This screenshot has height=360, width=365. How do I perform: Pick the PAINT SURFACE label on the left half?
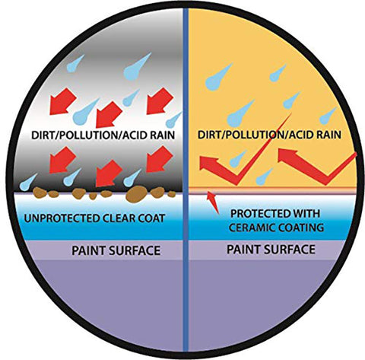point(116,250)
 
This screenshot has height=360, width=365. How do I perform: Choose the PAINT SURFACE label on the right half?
point(271,250)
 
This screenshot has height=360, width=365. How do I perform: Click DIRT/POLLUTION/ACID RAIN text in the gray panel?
point(103,135)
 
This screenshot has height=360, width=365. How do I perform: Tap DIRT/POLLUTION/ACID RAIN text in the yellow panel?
point(269,135)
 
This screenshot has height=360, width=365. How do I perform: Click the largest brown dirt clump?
point(136,194)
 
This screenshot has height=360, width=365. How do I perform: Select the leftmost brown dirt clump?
point(40,193)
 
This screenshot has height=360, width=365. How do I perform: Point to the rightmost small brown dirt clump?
point(172,194)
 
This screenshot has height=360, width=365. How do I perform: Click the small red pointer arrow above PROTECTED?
point(213,202)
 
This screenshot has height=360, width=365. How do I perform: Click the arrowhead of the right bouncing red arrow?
point(287,155)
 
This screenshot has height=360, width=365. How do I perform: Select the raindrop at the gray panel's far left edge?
point(28,183)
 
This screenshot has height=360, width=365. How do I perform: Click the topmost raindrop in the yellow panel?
point(219,77)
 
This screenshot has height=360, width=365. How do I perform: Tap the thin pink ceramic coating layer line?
point(271,191)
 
